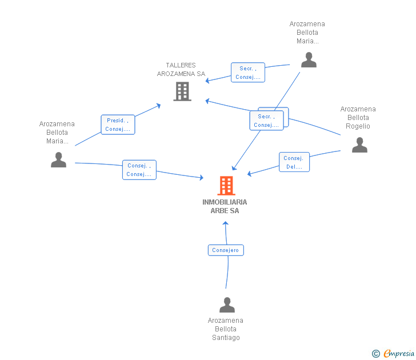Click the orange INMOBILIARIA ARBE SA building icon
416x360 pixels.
coord(226,186)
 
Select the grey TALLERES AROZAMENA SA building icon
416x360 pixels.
coord(182,91)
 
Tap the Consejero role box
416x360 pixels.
coord(226,250)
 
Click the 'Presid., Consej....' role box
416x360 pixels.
coord(118,125)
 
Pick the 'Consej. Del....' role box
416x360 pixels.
coord(294,162)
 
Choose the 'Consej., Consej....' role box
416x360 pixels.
coord(139,170)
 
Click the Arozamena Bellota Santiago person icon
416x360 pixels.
coord(227,305)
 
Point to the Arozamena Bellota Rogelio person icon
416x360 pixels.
coord(359,145)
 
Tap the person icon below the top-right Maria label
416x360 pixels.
coord(309,59)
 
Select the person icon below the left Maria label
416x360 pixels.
coord(58,159)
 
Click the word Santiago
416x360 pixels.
coord(226,338)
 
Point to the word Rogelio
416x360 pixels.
coord(358,126)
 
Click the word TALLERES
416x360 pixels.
coord(181,65)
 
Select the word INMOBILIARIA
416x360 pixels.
coord(225,202)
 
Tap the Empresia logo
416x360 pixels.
coord(399,354)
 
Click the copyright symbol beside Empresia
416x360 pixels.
coord(375,354)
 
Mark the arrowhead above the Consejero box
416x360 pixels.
coord(226,223)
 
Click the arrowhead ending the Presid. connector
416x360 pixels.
coord(159,106)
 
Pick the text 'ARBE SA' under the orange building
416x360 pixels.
coord(225,211)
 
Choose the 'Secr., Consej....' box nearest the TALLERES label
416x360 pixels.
coord(248,73)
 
